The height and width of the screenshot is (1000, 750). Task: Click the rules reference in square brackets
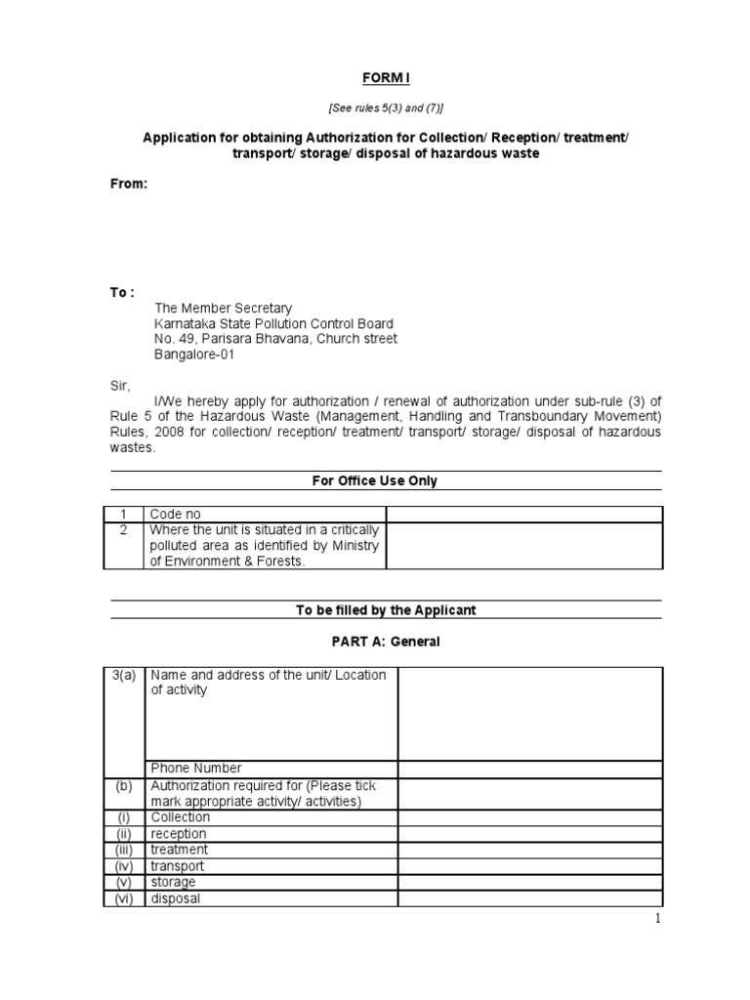pyautogui.click(x=387, y=107)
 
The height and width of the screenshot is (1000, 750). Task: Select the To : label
pyautogui.click(x=122, y=292)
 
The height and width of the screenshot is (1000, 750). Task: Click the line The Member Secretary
pyautogui.click(x=223, y=309)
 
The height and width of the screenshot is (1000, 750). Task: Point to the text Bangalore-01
pyautogui.click(x=193, y=355)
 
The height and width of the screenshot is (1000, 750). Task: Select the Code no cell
pyautogui.click(x=174, y=515)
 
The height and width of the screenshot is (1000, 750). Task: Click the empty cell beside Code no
pyautogui.click(x=524, y=515)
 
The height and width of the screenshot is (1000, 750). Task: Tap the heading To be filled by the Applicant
pyautogui.click(x=387, y=610)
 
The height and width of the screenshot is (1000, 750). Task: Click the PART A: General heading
pyautogui.click(x=387, y=642)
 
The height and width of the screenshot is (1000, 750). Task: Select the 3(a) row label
pyautogui.click(x=124, y=676)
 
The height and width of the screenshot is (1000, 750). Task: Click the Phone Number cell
pyautogui.click(x=195, y=769)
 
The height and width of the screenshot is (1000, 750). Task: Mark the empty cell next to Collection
pyautogui.click(x=530, y=817)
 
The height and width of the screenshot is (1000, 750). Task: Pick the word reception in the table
pyautogui.click(x=178, y=834)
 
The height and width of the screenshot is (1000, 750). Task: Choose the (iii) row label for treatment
pyautogui.click(x=124, y=850)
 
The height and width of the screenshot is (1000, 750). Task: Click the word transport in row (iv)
pyautogui.click(x=177, y=866)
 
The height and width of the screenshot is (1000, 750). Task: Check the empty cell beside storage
pyautogui.click(x=530, y=883)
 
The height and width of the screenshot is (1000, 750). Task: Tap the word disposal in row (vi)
pyautogui.click(x=175, y=898)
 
